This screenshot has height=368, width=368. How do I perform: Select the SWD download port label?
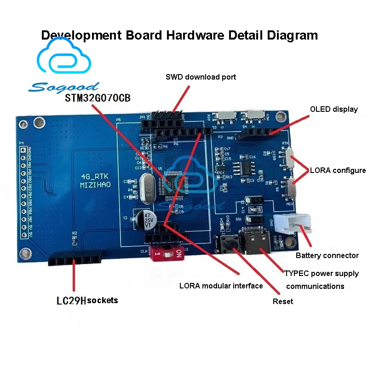pyautogui.click(x=201, y=77)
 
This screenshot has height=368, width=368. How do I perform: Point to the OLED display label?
pyautogui.click(x=334, y=109)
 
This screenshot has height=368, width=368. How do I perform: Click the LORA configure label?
pyautogui.click(x=338, y=170)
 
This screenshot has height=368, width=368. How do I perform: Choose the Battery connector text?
pyautogui.click(x=327, y=255)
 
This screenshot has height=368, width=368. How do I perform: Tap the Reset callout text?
pyautogui.click(x=283, y=301)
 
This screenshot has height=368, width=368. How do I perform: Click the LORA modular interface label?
pyautogui.click(x=221, y=286)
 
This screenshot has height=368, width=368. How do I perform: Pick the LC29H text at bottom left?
pyautogui.click(x=71, y=301)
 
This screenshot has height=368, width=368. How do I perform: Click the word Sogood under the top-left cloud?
pyautogui.click(x=63, y=86)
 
